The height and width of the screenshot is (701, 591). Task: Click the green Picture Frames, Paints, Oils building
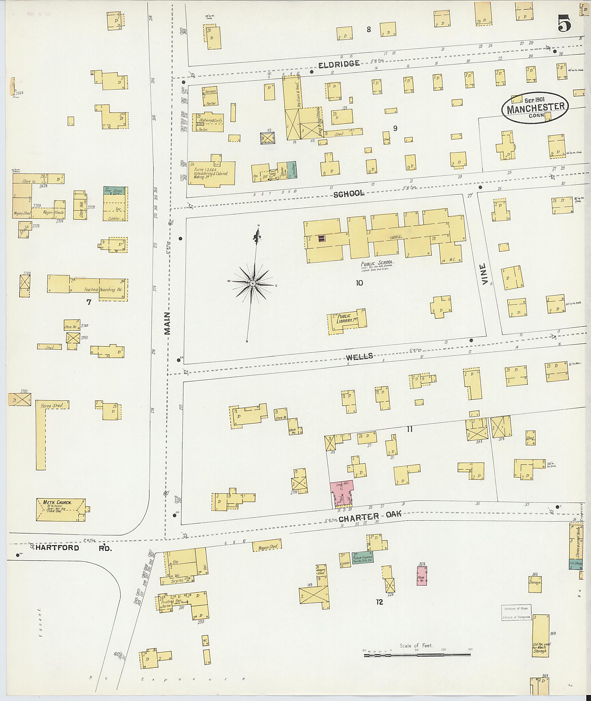pyautogui.click(x=362, y=558)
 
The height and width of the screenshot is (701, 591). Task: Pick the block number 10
pyautogui.click(x=359, y=283)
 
